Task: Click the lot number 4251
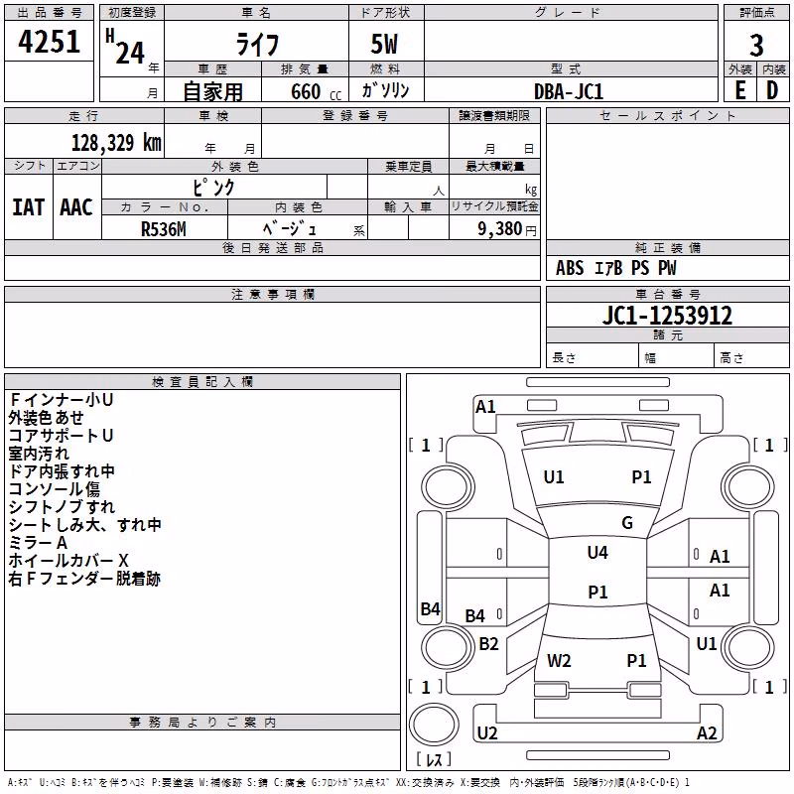tap(49, 42)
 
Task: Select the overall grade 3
tap(756, 46)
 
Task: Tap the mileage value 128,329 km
tap(116, 143)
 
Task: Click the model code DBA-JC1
tap(569, 91)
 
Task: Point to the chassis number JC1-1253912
tap(667, 316)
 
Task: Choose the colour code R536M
tap(164, 229)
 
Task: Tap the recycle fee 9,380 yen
tap(507, 229)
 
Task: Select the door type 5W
tap(384, 44)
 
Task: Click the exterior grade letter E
tap(740, 90)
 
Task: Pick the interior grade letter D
tap(772, 90)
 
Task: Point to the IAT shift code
tap(29, 207)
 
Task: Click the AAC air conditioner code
tap(76, 207)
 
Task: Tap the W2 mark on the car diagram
tap(559, 661)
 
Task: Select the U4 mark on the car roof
tap(597, 553)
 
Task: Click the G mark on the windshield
tap(627, 523)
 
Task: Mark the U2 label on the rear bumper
tap(487, 733)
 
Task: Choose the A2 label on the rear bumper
tap(707, 733)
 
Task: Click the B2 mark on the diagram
tap(488, 644)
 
